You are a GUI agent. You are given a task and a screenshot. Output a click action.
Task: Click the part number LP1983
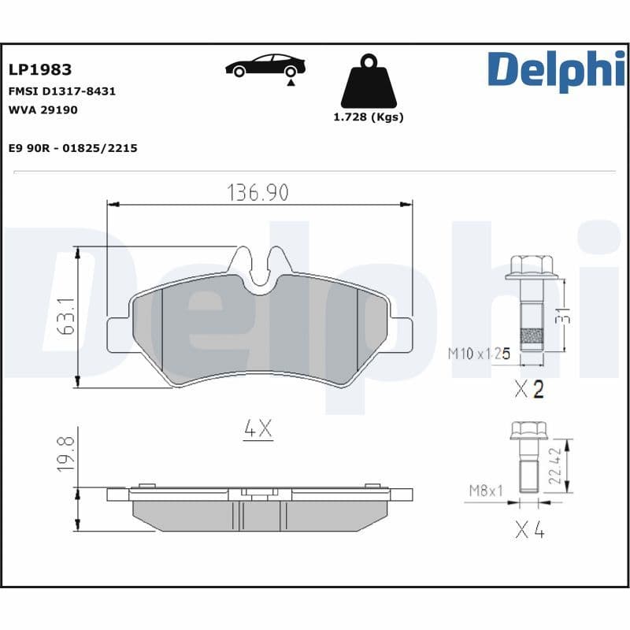[x=40, y=70]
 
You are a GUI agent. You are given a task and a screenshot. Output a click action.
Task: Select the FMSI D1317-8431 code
[x=61, y=91]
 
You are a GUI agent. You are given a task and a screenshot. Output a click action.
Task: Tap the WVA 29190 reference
[x=43, y=110]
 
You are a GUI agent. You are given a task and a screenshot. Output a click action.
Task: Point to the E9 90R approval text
[x=72, y=147]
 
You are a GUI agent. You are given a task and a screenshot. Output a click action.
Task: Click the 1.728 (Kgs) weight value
[x=369, y=117]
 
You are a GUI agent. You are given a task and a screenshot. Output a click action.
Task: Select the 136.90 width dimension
[x=258, y=191]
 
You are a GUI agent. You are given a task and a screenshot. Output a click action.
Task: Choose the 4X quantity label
[x=258, y=429]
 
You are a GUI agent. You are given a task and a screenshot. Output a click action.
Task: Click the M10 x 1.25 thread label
[x=480, y=354]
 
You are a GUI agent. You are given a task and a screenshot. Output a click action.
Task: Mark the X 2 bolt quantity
[x=528, y=389]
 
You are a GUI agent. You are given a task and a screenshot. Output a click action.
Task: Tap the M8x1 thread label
[x=485, y=491]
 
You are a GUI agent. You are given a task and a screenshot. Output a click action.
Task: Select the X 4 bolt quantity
[x=529, y=530]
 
